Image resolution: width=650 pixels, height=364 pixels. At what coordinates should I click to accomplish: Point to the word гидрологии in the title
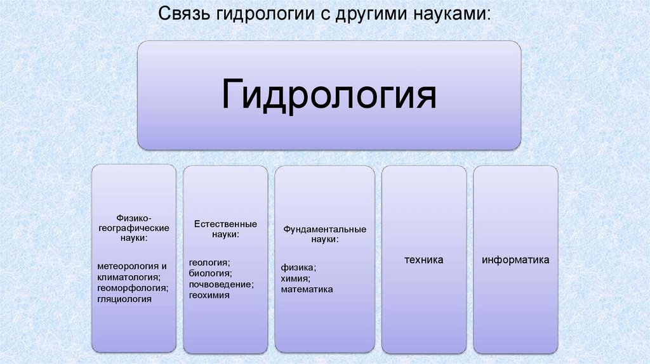click(260, 14)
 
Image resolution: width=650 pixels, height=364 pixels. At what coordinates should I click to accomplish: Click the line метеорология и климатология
click(133, 271)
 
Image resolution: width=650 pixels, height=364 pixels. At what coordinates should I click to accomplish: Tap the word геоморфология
click(133, 287)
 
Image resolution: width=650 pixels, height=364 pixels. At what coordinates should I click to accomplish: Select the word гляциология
click(124, 298)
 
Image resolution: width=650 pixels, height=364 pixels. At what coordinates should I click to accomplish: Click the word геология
click(209, 262)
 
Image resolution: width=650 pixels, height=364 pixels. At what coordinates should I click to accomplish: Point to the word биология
click(210, 273)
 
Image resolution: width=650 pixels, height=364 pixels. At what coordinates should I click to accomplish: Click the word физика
click(298, 267)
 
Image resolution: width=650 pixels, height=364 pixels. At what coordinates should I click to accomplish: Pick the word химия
click(296, 278)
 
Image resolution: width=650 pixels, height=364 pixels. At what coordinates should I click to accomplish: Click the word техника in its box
click(424, 261)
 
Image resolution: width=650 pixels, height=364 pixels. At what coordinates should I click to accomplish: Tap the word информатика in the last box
click(515, 261)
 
